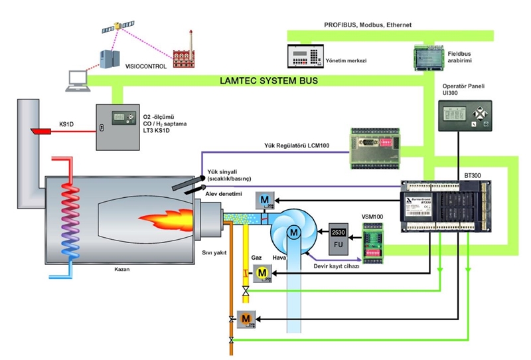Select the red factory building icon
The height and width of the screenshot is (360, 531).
[x=184, y=53]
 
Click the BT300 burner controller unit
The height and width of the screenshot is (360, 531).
[x=447, y=205]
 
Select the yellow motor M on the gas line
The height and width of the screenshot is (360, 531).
[x=262, y=272]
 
